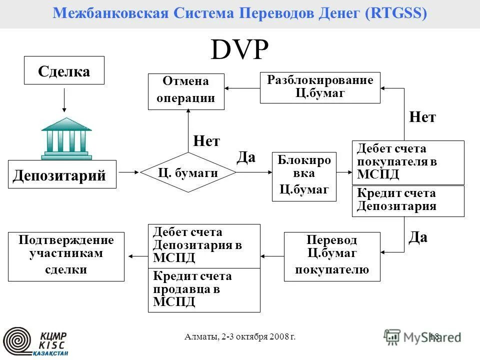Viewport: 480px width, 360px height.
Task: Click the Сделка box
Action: click(64, 70)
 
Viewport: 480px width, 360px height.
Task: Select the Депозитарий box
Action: click(62, 174)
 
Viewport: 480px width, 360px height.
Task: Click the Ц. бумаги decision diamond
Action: click(188, 172)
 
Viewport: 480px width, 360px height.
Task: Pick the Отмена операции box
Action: click(186, 91)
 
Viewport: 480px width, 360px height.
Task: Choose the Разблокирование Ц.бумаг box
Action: click(320, 87)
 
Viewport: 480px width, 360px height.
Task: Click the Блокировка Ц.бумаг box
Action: click(304, 176)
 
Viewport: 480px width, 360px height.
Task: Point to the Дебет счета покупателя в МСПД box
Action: click(408, 162)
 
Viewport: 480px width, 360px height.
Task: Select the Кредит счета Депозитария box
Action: click(408, 201)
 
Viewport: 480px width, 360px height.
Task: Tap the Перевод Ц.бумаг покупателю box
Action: click(332, 256)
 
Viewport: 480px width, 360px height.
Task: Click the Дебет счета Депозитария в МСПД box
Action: click(204, 245)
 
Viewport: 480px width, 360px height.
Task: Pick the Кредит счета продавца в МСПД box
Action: click(204, 290)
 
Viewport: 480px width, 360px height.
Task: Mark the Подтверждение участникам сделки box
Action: click(66, 256)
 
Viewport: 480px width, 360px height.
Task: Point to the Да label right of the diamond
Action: click(245, 157)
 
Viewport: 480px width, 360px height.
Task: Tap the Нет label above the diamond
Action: click(206, 141)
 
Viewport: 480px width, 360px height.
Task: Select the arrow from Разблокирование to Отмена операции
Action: click(242, 88)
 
